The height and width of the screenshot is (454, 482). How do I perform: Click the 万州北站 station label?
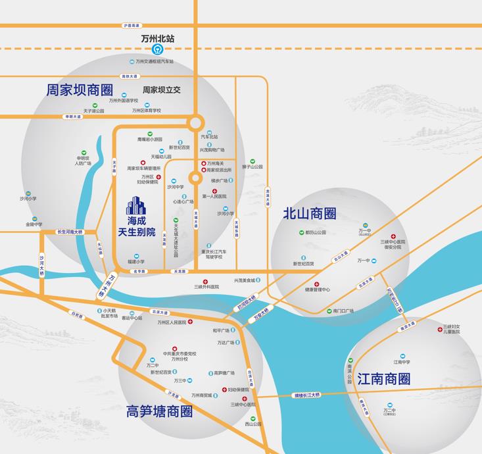click(x=158, y=39)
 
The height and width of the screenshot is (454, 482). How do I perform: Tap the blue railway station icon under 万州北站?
click(x=158, y=49)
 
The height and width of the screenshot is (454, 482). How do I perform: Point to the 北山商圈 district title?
click(x=310, y=214)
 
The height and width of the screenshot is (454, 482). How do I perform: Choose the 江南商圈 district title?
click(x=384, y=379)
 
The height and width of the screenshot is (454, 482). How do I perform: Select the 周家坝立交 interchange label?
click(x=162, y=90)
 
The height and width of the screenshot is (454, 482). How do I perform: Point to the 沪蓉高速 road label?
click(x=132, y=26)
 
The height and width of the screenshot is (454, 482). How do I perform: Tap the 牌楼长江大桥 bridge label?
click(x=306, y=395)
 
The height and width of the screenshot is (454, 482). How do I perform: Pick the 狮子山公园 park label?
click(x=252, y=167)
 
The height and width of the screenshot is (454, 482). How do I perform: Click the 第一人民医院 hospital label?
click(x=214, y=196)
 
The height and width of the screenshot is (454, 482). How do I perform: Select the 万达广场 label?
click(x=226, y=342)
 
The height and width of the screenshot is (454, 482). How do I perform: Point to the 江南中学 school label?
click(x=402, y=362)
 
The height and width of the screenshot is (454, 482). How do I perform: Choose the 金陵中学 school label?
click(x=34, y=224)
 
